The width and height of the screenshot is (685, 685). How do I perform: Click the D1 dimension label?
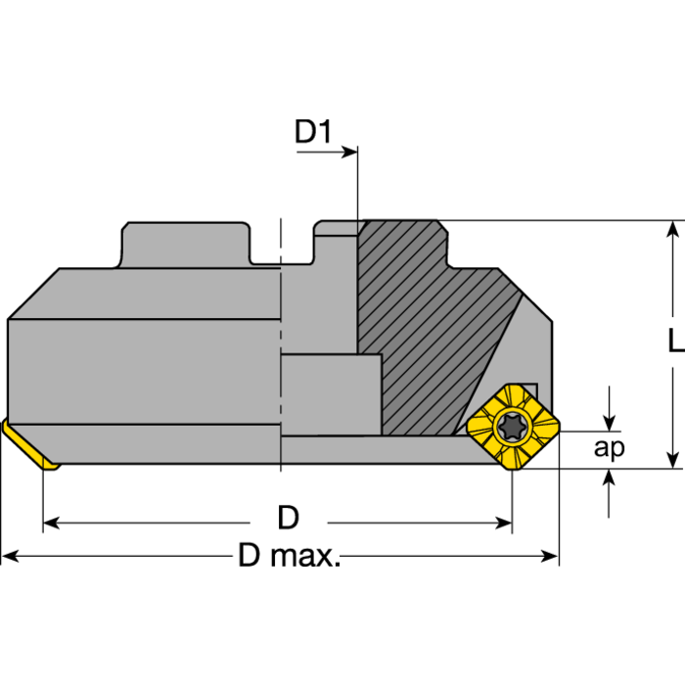click(x=313, y=131)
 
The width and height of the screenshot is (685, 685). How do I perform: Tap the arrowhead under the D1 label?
click(x=349, y=152)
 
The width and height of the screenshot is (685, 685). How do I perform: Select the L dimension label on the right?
click(x=677, y=341)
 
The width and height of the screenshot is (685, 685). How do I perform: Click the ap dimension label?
click(x=609, y=448)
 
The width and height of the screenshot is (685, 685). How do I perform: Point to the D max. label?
click(x=289, y=555)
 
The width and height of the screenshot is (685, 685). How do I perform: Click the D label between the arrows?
click(x=289, y=518)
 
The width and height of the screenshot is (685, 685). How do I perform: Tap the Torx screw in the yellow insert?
click(x=514, y=427)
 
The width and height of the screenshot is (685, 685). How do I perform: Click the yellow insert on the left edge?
click(x=29, y=444)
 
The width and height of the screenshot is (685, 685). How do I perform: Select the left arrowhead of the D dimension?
click(x=52, y=523)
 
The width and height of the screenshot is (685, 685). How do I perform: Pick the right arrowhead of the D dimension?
click(x=503, y=523)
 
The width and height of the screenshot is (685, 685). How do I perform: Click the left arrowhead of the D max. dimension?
click(x=10, y=556)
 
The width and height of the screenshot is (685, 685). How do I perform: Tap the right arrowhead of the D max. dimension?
click(x=550, y=556)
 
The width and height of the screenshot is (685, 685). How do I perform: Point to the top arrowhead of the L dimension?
click(x=673, y=229)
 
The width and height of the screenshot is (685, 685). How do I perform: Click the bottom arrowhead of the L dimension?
click(x=673, y=460)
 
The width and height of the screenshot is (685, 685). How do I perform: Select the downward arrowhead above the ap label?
click(x=609, y=423)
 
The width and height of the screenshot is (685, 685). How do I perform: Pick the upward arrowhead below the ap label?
click(x=609, y=478)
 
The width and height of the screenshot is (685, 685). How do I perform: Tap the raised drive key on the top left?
click(x=186, y=245)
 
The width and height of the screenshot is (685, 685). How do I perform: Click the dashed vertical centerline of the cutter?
click(x=281, y=345)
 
